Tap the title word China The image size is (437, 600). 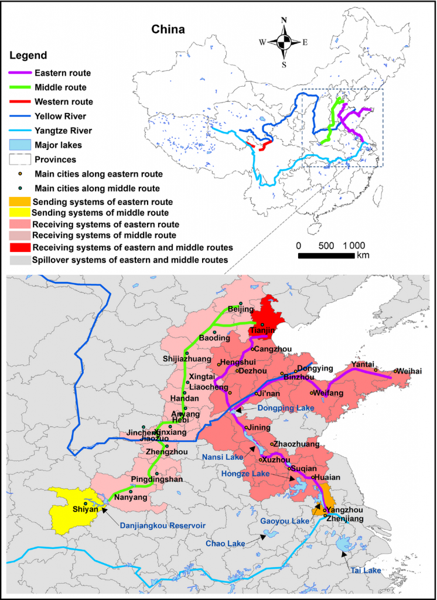(x=168, y=29)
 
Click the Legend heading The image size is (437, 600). (x=28, y=56)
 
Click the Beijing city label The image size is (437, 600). (x=240, y=309)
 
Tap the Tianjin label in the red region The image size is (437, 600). (x=262, y=331)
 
